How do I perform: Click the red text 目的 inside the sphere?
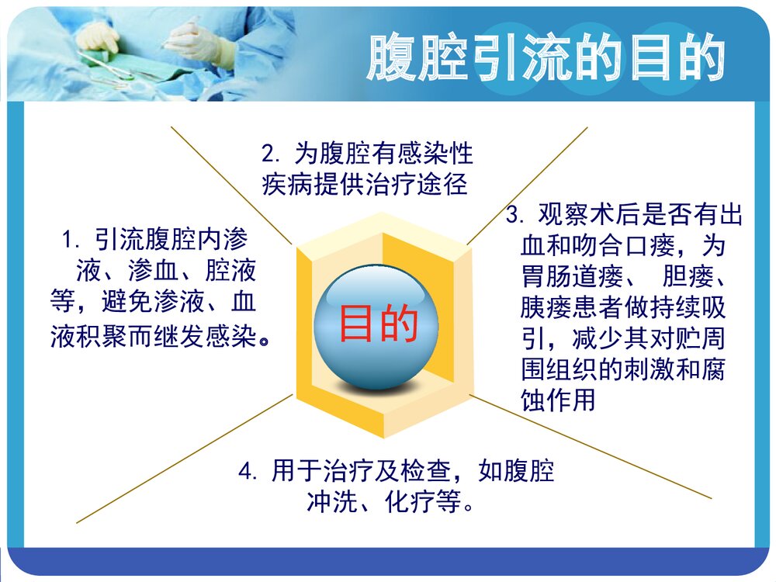(x=378, y=324)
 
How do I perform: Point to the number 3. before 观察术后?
(x=516, y=215)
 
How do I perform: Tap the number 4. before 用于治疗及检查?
(x=248, y=471)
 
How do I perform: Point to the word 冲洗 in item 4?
(x=327, y=503)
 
